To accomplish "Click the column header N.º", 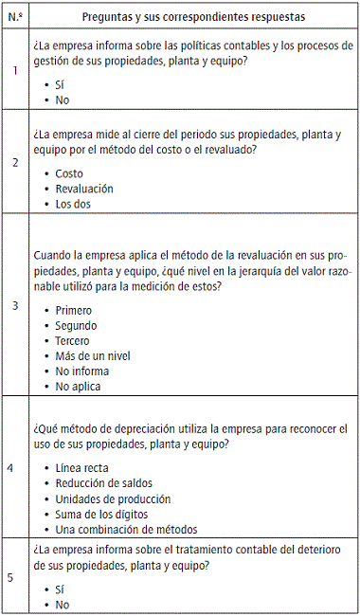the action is tap(14, 15).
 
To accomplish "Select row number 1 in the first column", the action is tap(14, 70).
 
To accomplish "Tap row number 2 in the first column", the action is tap(14, 162).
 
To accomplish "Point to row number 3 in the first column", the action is tap(14, 306).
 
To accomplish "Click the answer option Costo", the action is tap(69, 174).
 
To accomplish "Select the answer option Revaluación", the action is tap(84, 189).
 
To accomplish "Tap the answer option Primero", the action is tap(74, 311).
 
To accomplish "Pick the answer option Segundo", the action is tap(76, 326).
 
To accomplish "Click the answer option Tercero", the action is tap(73, 341).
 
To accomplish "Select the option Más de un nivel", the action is tap(93, 356).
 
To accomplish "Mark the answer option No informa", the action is tap(81, 371).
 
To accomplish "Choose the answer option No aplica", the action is tap(78, 387).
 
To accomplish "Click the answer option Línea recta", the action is tap(81, 468).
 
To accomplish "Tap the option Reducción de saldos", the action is tap(104, 483).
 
